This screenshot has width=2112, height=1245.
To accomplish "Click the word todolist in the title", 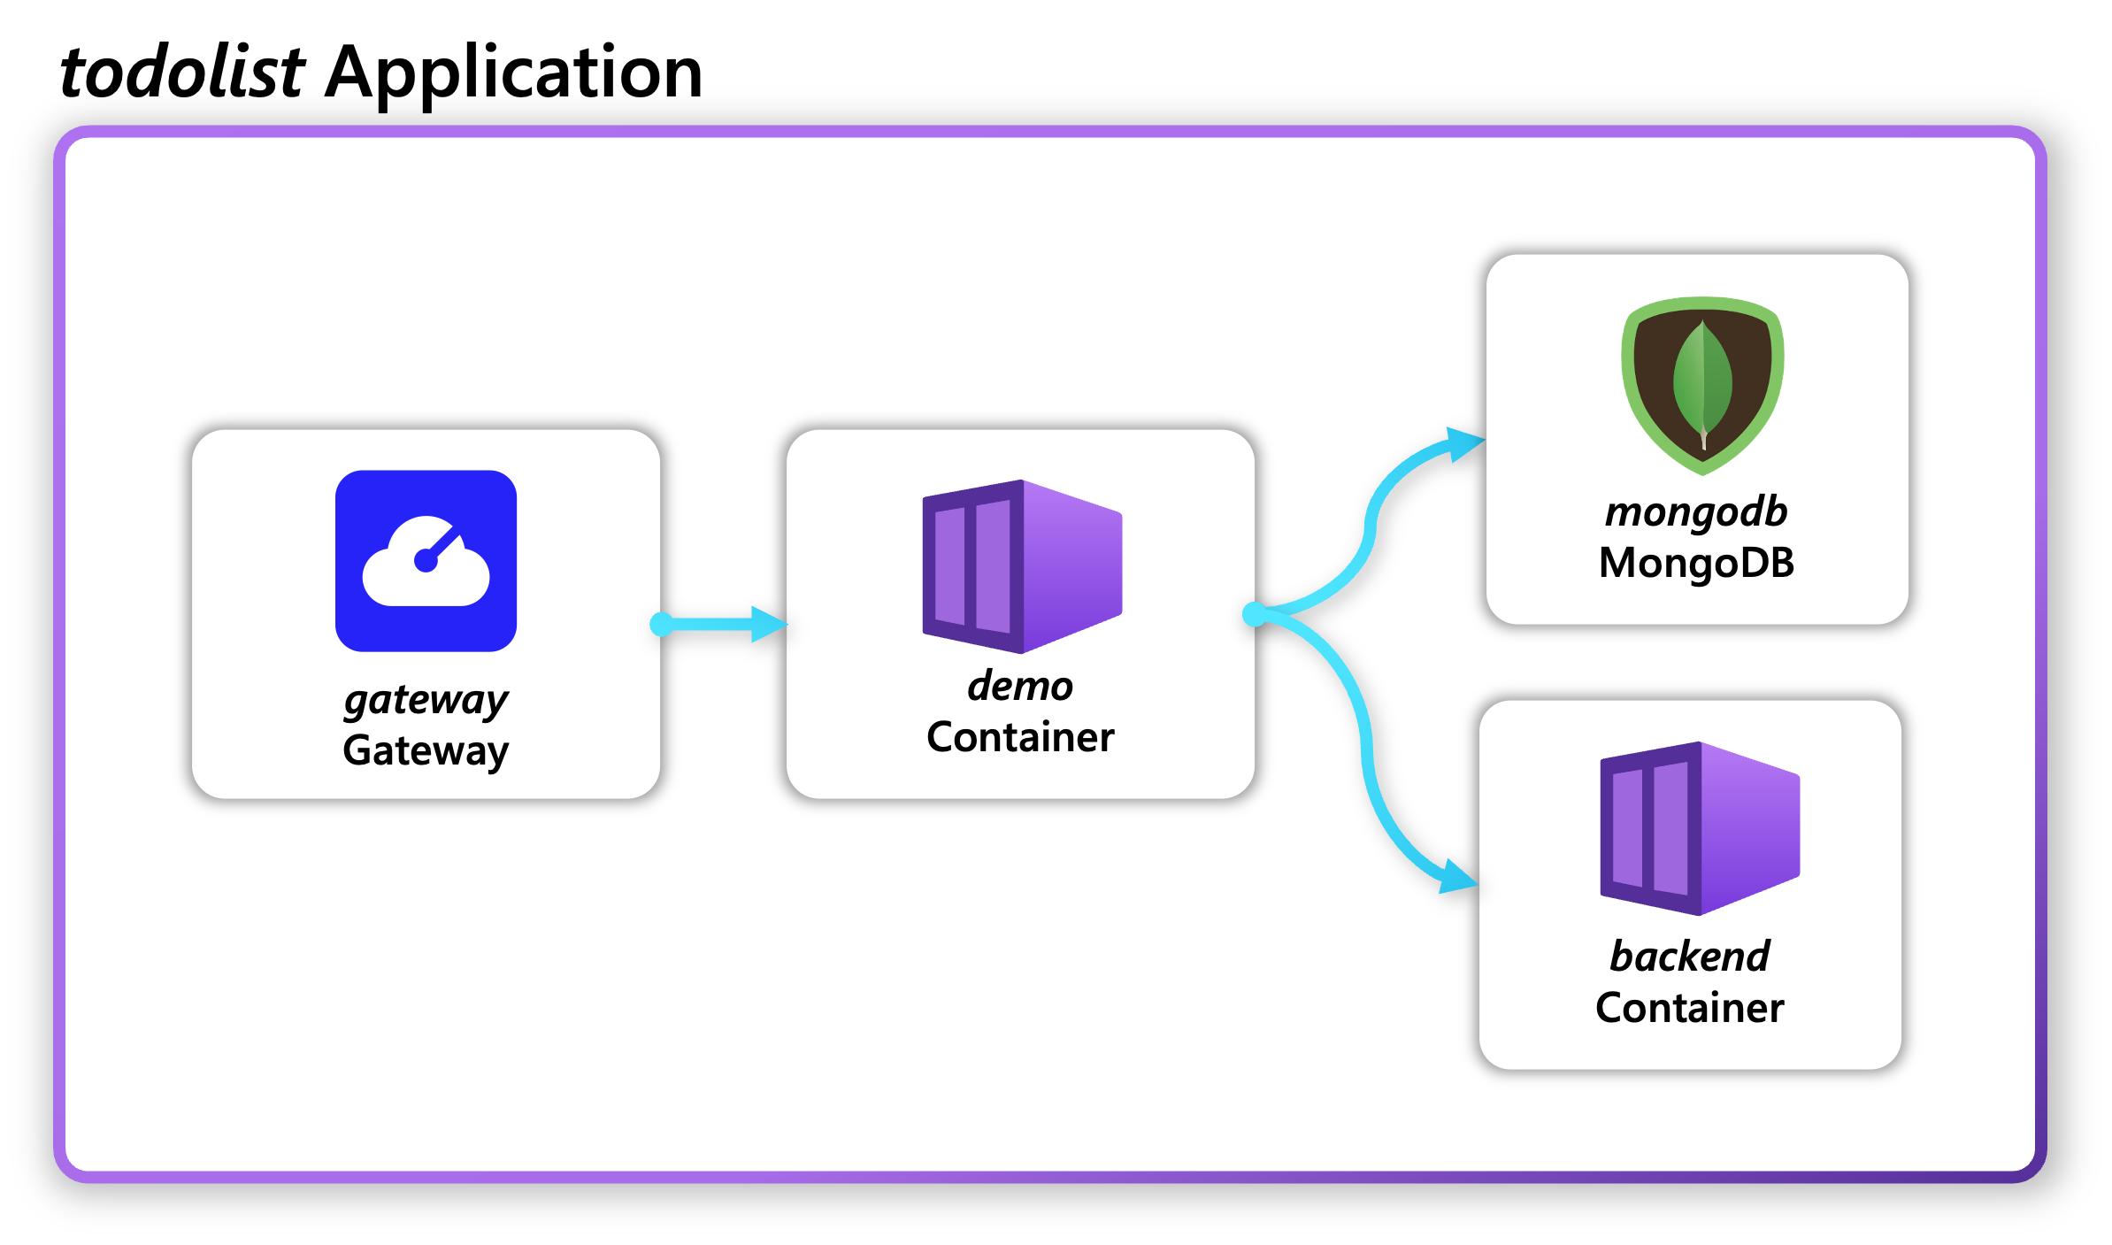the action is (x=182, y=72).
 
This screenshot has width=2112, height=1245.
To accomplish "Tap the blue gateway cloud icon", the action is (x=426, y=561).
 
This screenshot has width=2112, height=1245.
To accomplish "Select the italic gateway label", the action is (x=426, y=700).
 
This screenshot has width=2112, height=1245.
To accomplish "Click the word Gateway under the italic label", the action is (x=426, y=750).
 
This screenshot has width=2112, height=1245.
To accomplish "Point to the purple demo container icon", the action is (x=1022, y=566).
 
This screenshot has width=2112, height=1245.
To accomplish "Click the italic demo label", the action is (x=1020, y=686).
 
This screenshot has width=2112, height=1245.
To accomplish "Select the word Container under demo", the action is (x=1020, y=737).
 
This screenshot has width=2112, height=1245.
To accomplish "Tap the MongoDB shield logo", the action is (x=1702, y=385).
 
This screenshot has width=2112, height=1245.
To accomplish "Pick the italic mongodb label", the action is (x=1696, y=512).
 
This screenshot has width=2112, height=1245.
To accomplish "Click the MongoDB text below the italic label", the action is (x=1696, y=563).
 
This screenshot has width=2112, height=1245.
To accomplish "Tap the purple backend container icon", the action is (x=1700, y=828).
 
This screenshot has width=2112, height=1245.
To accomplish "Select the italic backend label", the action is (x=1689, y=957).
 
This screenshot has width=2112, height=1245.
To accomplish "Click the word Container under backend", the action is (x=1689, y=1008).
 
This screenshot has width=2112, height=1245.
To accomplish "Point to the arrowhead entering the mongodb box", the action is (x=1465, y=443).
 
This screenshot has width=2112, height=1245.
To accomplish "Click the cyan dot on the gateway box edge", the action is (x=661, y=624).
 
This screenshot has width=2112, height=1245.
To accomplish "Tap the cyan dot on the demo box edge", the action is (x=1255, y=613).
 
